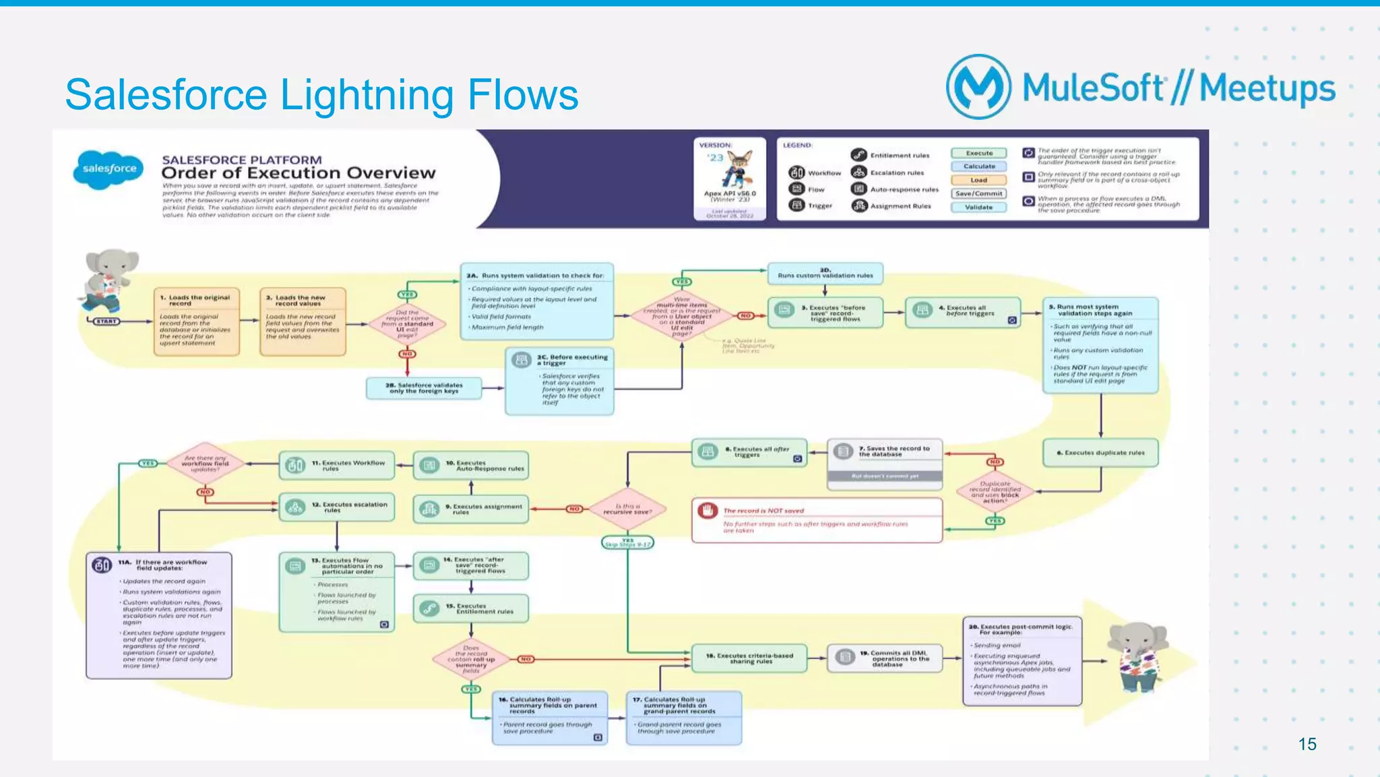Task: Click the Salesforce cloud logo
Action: pos(109,168)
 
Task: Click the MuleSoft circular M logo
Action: pos(978,87)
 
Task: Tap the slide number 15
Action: pos(1307,744)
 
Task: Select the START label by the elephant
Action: pos(106,321)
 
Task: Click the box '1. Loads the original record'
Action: pos(196,321)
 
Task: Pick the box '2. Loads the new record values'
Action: pos(303,321)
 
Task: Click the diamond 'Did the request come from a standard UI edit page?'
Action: pos(407,323)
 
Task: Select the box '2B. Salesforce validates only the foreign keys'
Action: pos(424,388)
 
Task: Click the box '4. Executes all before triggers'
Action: pos(962,311)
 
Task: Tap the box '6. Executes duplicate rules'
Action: pos(1100,453)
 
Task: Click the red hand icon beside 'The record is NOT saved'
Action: pos(708,510)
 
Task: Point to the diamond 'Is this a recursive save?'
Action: pos(627,509)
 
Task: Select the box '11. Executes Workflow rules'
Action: pos(336,466)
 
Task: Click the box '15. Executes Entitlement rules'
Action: pos(470,609)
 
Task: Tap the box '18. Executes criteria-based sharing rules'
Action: pos(749,658)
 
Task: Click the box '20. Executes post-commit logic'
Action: pos(1022,660)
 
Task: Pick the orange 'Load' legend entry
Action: pos(978,180)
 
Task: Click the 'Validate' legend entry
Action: pos(978,207)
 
